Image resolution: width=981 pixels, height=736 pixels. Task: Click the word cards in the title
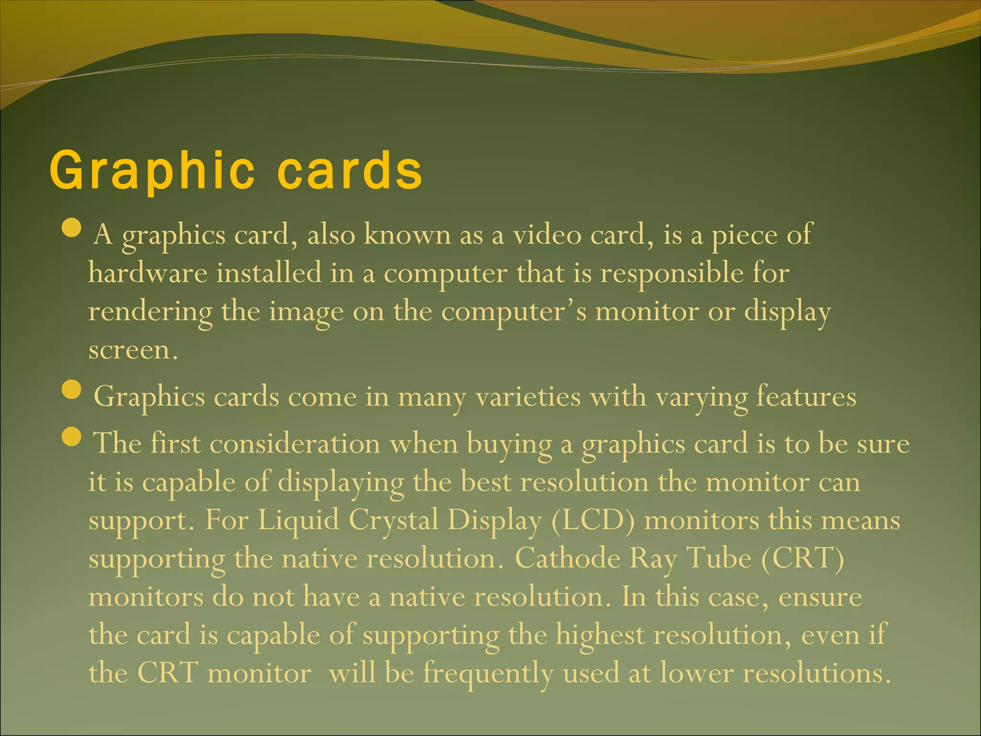point(350,171)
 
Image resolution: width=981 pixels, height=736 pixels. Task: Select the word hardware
point(148,273)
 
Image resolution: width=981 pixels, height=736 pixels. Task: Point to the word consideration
point(295,443)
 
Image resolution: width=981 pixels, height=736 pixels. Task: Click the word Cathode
point(568,558)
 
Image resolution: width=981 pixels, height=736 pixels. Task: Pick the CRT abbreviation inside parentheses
point(802,558)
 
